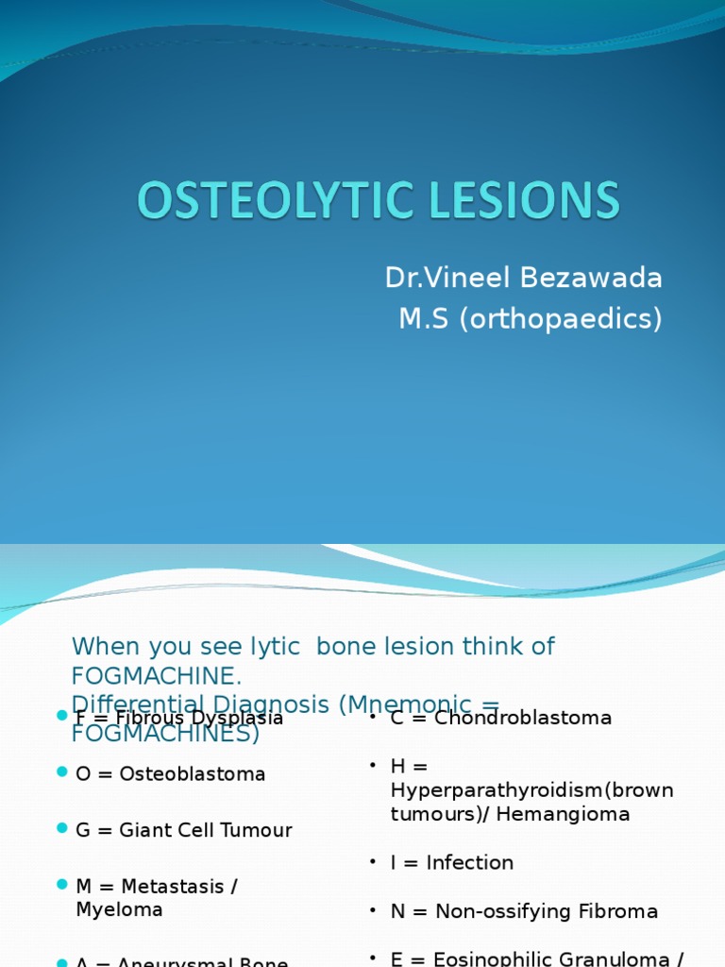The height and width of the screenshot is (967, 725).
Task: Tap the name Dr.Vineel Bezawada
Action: click(x=523, y=278)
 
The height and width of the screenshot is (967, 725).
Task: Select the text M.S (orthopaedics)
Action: click(x=530, y=319)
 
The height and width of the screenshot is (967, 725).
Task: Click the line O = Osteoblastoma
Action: click(x=170, y=774)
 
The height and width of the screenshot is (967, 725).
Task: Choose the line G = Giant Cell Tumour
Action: click(x=183, y=831)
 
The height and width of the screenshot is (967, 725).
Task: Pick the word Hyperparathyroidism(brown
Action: click(x=531, y=790)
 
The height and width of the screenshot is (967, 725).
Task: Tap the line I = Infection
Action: click(x=451, y=863)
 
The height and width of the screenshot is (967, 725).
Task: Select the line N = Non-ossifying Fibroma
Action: click(x=524, y=912)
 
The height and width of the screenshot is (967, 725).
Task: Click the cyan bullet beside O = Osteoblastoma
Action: click(x=62, y=772)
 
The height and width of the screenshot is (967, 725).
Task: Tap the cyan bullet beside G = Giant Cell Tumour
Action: click(x=62, y=828)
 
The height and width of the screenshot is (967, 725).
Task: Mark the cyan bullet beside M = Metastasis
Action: click(x=62, y=885)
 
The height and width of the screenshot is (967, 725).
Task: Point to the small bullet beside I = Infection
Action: click(x=373, y=861)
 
